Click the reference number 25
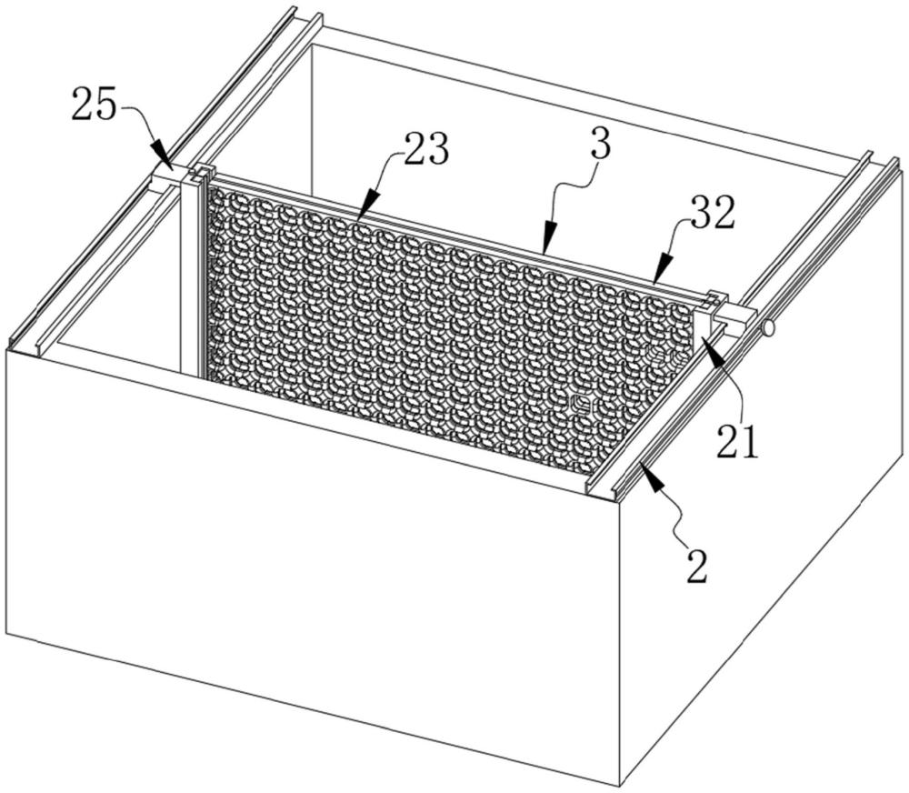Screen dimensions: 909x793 95,105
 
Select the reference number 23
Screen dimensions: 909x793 427,149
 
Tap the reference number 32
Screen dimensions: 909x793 713,214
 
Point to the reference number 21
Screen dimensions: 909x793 737,441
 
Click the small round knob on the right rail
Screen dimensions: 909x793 768,329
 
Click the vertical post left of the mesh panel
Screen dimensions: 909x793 190,273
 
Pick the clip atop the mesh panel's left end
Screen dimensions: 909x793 203,172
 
